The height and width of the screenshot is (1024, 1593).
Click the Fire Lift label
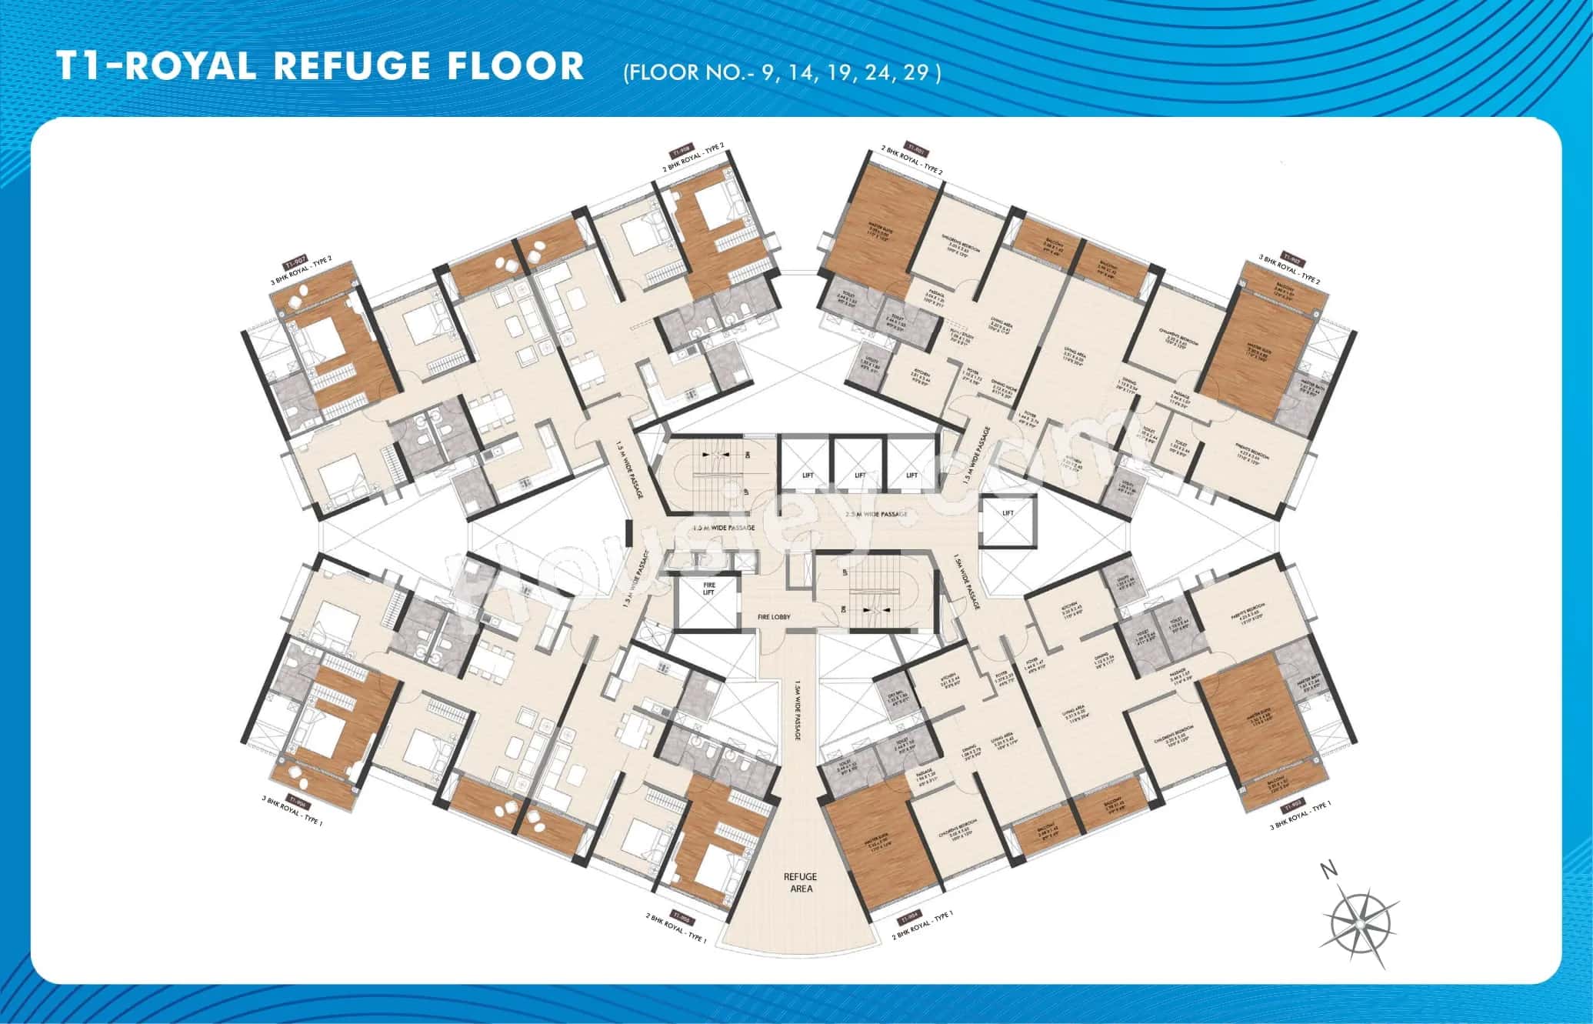tap(709, 588)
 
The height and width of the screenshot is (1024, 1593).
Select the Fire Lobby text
tap(775, 617)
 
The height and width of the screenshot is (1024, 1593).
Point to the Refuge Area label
tap(800, 882)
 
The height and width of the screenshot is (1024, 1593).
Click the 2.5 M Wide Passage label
tap(876, 513)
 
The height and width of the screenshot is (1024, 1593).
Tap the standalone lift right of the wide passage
tap(1008, 513)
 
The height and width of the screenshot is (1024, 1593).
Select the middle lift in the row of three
tap(860, 475)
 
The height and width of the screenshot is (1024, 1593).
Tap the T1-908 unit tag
tap(682, 150)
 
